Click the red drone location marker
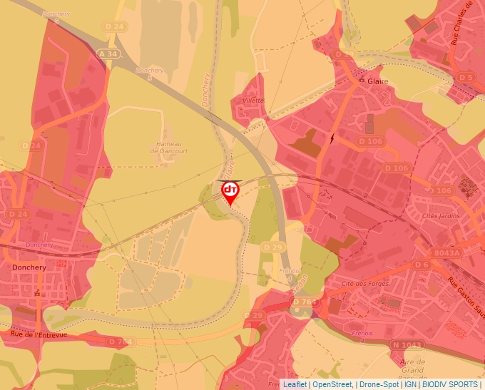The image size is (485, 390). pyautogui.click(x=230, y=191)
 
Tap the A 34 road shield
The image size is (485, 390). pyautogui.click(x=108, y=54)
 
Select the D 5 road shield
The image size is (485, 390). pyautogui.click(x=466, y=77)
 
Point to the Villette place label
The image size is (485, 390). pyautogui.click(x=253, y=101)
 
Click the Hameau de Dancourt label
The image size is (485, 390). pyautogui.click(x=170, y=148)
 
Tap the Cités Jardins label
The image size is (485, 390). pyautogui.click(x=441, y=216)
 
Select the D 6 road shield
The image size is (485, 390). pyautogui.click(x=422, y=265)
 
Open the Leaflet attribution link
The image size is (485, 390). pyautogui.click(x=295, y=384)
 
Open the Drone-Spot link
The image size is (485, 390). pyautogui.click(x=378, y=384)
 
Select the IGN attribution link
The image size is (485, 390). pyautogui.click(x=410, y=384)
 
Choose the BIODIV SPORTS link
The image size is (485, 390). pyautogui.click(x=450, y=384)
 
